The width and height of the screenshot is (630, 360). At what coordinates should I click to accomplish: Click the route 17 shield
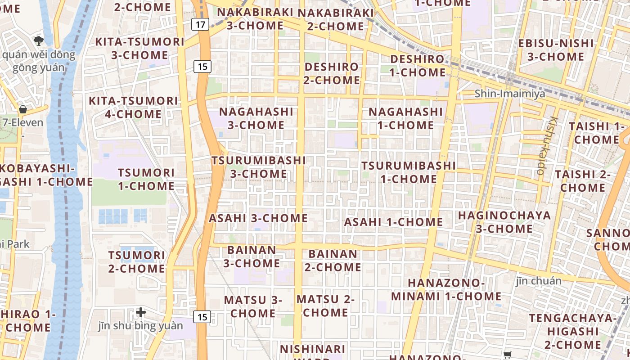200,24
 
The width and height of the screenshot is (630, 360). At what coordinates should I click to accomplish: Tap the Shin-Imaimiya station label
510,94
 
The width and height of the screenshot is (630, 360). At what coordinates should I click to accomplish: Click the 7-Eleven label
23,122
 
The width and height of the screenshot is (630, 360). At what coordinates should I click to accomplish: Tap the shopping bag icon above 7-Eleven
22,109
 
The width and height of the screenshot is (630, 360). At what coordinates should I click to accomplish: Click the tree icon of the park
39,41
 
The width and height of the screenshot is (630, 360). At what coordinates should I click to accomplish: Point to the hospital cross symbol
141,312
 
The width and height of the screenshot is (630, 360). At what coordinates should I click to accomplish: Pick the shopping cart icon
508,355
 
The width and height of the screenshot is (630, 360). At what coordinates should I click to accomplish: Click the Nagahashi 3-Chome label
256,118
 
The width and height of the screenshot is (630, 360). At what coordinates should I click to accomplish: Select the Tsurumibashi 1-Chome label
409,172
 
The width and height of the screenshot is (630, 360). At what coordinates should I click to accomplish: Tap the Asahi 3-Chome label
258,218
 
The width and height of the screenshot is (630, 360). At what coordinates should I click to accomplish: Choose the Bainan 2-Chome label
333,261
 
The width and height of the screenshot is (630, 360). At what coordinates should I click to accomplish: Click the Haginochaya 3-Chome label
504,222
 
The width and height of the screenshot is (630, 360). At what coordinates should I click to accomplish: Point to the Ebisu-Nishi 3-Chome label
556,50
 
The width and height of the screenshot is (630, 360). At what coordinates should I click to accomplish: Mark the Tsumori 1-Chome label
146,179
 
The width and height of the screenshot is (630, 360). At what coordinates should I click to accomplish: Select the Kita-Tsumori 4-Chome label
134,107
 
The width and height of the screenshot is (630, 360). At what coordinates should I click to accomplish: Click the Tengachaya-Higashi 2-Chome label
573,331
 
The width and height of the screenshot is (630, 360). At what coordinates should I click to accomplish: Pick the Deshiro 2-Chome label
332,73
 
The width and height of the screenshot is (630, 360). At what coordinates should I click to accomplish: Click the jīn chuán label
539,281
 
